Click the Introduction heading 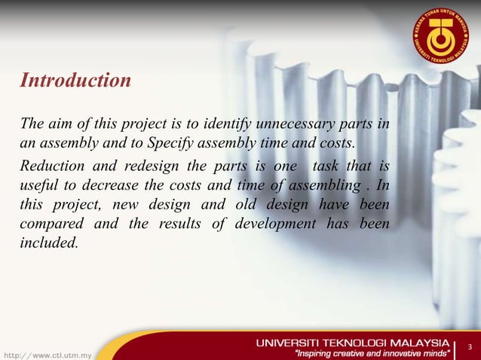75,79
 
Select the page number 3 470,347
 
